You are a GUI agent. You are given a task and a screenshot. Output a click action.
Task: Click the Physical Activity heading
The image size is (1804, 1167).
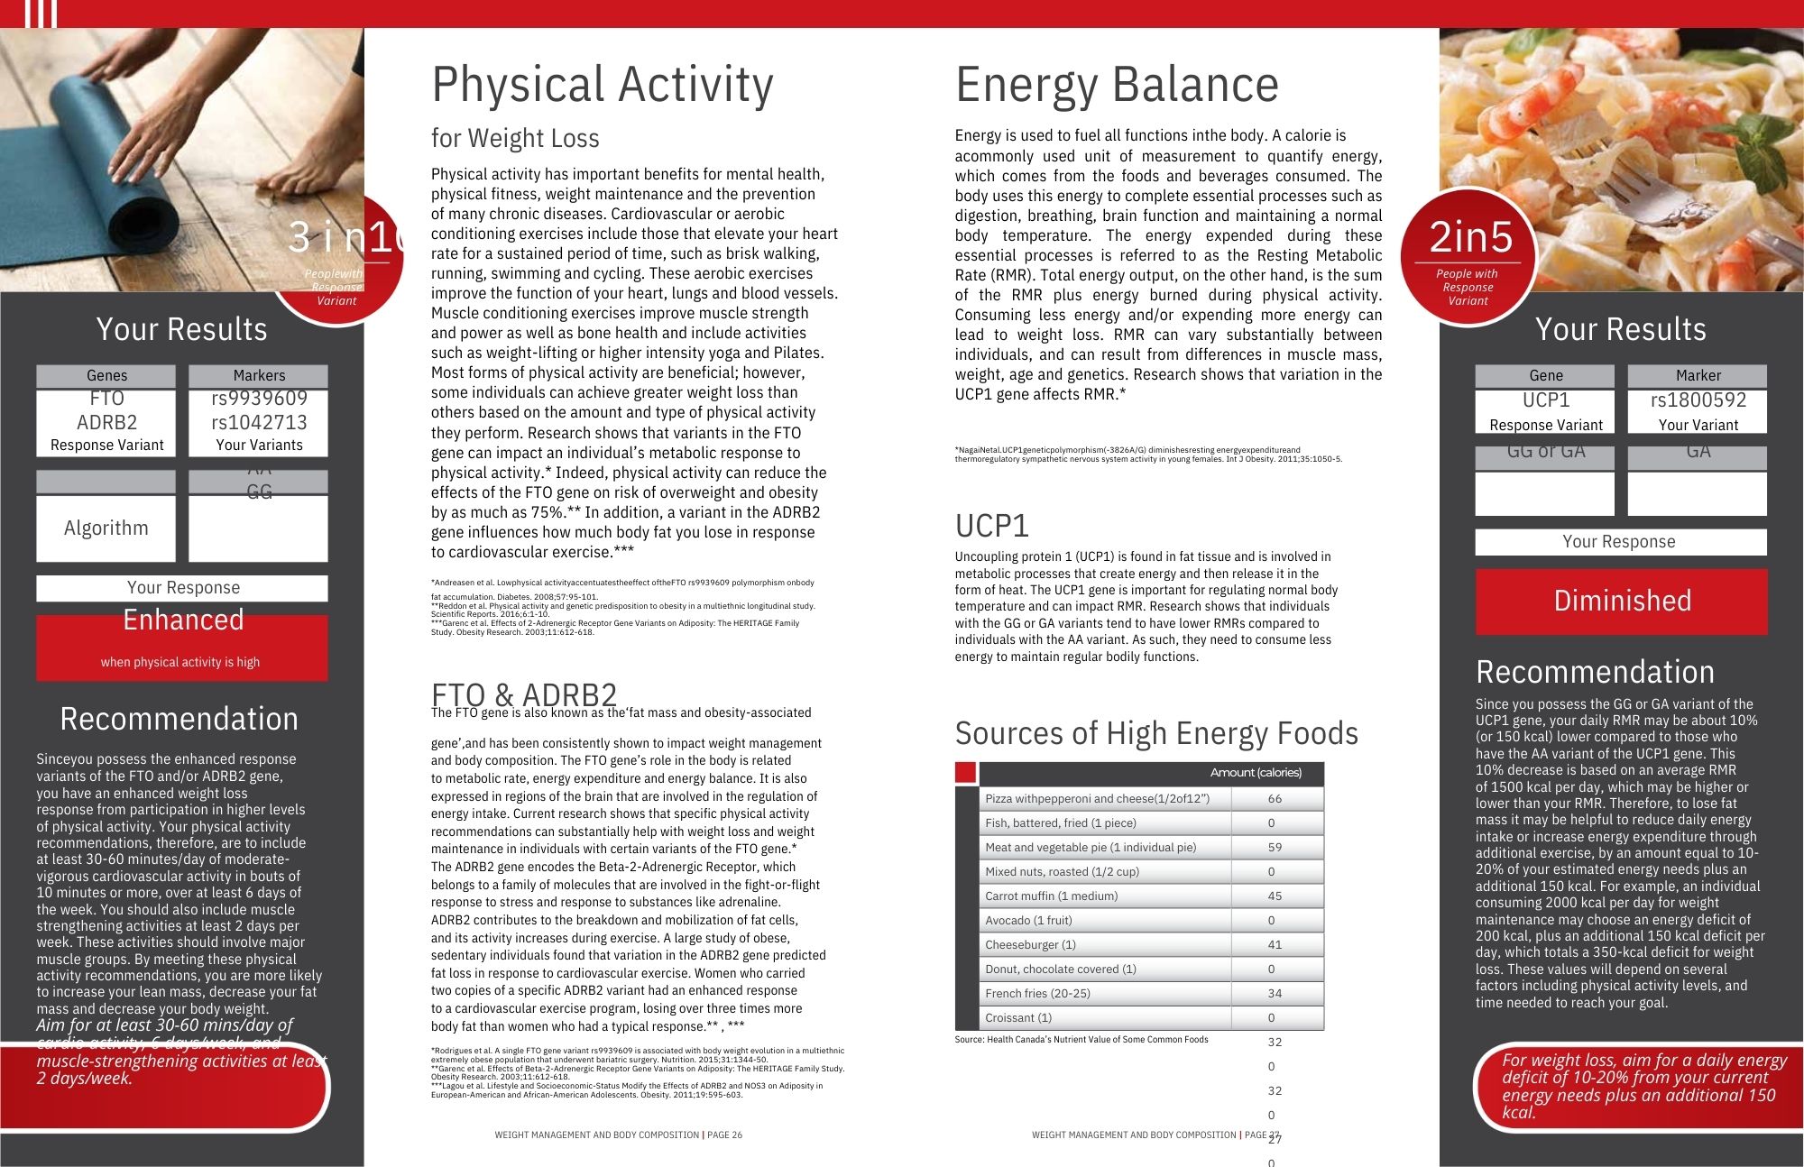[602, 86]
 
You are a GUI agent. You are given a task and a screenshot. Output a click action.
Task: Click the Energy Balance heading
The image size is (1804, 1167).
[1117, 86]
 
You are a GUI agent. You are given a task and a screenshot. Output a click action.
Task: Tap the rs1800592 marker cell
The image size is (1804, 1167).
[1698, 400]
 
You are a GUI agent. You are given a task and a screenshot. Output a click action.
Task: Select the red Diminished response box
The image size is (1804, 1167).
[1621, 601]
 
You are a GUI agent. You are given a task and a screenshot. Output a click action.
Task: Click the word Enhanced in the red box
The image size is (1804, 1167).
[183, 620]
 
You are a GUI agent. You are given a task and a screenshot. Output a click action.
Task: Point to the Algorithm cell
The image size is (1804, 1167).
[106, 528]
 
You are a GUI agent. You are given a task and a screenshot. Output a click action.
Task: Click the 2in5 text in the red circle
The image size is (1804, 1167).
[1470, 237]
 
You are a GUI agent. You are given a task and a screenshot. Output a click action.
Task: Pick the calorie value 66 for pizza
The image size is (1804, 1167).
[1275, 798]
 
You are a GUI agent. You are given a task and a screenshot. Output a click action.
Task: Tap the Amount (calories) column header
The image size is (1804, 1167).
[1256, 773]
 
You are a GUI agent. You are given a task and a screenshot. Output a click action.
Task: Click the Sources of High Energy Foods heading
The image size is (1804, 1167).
[1156, 733]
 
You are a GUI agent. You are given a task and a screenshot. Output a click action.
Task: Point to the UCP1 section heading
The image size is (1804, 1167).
[991, 526]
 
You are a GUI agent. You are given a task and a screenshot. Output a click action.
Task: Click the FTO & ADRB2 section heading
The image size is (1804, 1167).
[523, 694]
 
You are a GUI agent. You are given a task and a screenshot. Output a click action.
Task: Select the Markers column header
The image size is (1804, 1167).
[259, 375]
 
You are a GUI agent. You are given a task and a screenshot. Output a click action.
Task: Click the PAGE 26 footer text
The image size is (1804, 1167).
[724, 1135]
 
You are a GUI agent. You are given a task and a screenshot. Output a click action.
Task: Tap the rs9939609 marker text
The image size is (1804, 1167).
[259, 399]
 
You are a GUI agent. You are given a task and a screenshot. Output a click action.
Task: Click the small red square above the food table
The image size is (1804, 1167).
[965, 773]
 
